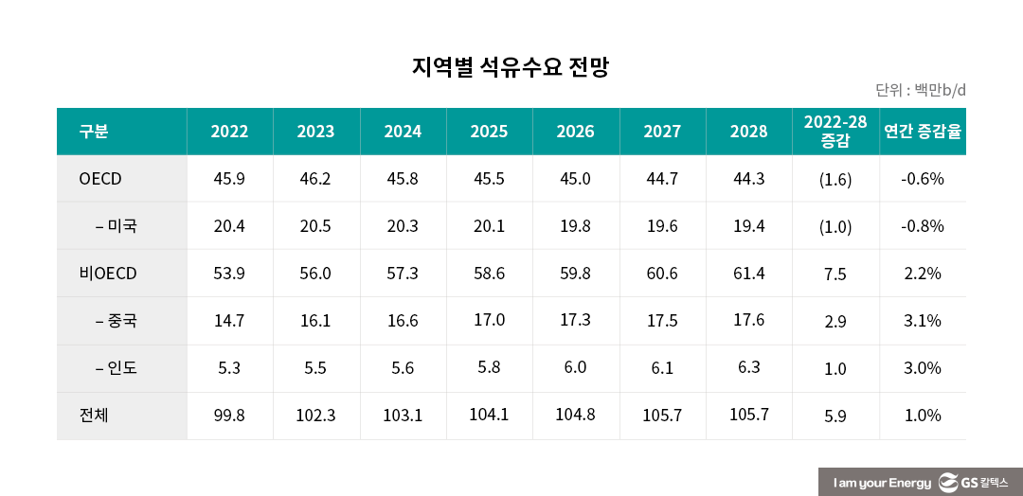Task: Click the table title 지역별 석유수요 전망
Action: (511, 68)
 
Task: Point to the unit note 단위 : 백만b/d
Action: (920, 91)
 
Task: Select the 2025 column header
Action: (489, 132)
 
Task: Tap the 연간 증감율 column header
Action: (923, 132)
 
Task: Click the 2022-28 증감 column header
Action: (835, 132)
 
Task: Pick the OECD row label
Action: (100, 179)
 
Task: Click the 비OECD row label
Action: (108, 274)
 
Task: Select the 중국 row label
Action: (117, 321)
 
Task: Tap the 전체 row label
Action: (94, 415)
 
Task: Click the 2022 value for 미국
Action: (229, 226)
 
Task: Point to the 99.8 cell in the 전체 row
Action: (229, 415)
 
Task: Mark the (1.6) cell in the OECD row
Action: (835, 180)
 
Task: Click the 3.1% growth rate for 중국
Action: (923, 321)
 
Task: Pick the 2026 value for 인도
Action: (575, 367)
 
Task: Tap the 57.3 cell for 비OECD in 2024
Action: (403, 274)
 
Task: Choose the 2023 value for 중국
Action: (315, 321)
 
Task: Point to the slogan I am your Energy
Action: (882, 483)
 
